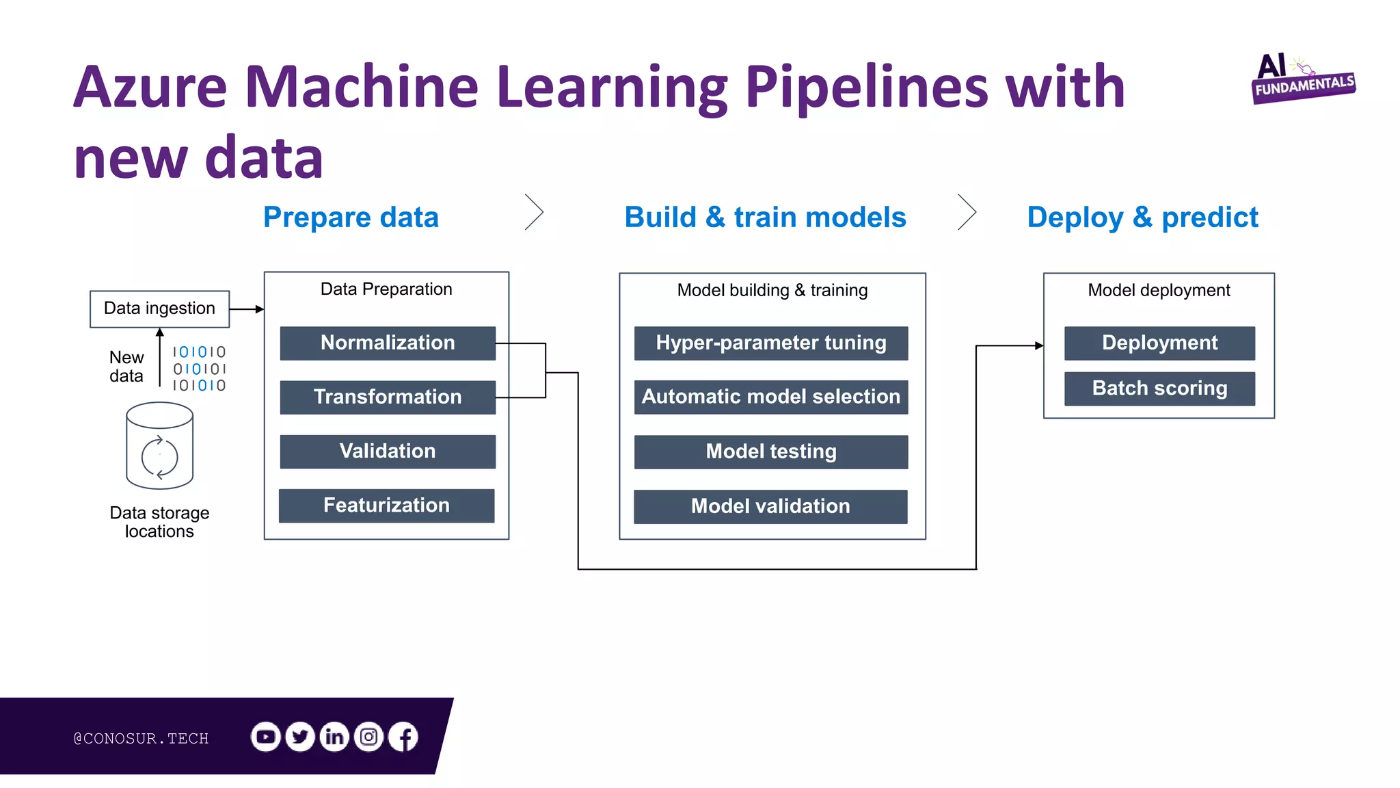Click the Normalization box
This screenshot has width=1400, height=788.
388,343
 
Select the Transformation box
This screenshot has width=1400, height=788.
388,397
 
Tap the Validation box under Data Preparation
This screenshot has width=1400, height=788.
388,451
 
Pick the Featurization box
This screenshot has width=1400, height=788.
386,505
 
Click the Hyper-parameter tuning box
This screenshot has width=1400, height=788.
771,343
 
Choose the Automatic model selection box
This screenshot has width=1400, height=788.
771,397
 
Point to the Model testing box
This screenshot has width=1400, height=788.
771,451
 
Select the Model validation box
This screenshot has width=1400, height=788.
770,506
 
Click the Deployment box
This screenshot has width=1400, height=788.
1159,343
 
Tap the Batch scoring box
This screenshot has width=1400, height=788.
1159,389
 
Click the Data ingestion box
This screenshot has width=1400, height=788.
159,308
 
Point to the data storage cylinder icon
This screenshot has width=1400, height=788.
160,445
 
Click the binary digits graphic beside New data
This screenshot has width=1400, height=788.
199,369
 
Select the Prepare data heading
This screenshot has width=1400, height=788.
351,218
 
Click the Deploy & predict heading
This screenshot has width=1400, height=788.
1142,218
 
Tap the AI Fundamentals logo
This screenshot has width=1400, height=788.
1302,79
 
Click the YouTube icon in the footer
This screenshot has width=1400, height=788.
266,737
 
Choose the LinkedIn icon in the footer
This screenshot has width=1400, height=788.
334,737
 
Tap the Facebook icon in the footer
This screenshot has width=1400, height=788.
403,737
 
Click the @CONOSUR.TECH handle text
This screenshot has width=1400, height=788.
141,738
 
